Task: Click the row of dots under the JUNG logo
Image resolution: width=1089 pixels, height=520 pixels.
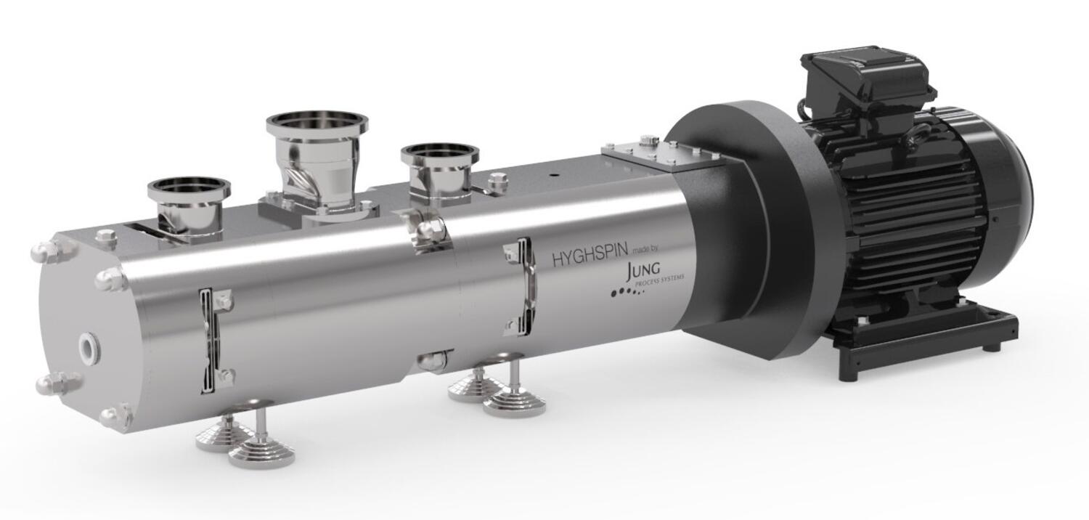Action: coord(627,292)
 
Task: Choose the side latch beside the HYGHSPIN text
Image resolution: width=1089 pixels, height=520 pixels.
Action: coord(521,285)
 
